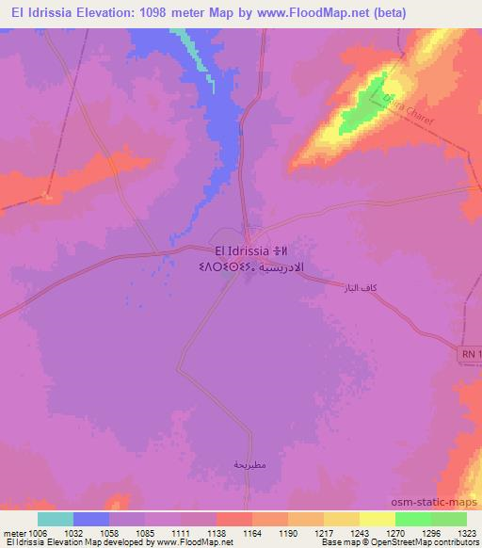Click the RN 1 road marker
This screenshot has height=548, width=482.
(472, 352)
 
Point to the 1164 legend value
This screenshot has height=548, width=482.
(251, 532)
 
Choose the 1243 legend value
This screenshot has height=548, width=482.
(360, 532)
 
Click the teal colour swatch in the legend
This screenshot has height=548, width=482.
(55, 519)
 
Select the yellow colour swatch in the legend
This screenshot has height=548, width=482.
(376, 519)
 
